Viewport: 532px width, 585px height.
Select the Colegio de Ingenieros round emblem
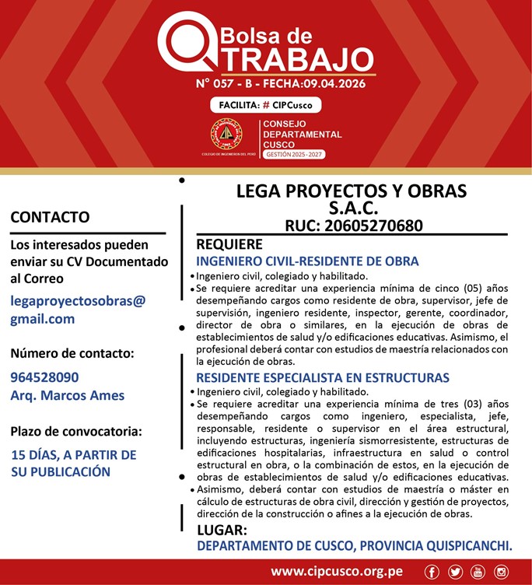tap(226, 134)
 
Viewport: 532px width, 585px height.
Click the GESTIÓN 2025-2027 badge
tap(294, 155)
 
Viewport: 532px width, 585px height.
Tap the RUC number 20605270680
tap(353, 226)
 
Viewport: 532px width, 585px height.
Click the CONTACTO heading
tap(50, 217)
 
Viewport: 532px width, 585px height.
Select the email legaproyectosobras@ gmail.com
tap(78, 310)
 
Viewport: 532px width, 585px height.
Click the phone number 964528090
tap(44, 377)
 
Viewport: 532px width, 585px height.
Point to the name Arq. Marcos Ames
tap(68, 395)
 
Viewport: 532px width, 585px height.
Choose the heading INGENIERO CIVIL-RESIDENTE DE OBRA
tap(307, 261)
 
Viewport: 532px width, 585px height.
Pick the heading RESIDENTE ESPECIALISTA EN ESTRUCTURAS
tap(323, 378)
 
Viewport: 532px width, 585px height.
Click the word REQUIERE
tap(229, 244)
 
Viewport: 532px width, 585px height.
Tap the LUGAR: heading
tap(222, 530)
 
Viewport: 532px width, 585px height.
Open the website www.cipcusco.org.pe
tap(336, 572)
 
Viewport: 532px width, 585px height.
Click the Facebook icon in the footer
tap(432, 573)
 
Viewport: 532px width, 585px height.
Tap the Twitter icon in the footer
tap(455, 573)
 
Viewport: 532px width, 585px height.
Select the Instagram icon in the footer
tap(501, 573)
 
